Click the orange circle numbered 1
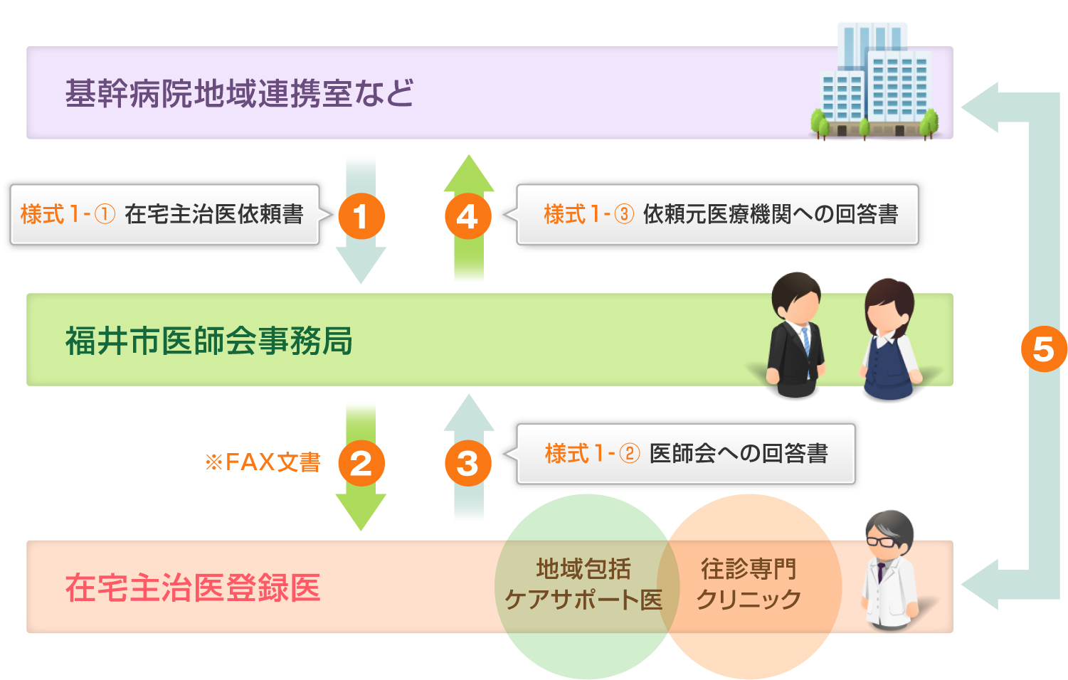pos(361,216)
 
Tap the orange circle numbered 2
pos(361,463)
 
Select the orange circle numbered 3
pos(467,463)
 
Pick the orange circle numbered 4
pos(467,216)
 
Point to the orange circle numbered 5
pos(1043,349)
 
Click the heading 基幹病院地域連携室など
pos(239,93)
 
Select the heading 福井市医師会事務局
pos(209,341)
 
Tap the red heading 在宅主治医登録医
pos(193,588)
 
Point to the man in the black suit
pos(796,334)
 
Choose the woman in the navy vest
pos(889,339)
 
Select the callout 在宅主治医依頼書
pos(164,215)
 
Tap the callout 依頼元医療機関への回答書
pos(718,215)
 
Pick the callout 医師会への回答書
pos(686,454)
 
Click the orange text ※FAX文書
pos(263,462)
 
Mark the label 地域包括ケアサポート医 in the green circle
pos(583,584)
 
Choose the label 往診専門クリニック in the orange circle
pos(749,584)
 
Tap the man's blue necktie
pos(806,342)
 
